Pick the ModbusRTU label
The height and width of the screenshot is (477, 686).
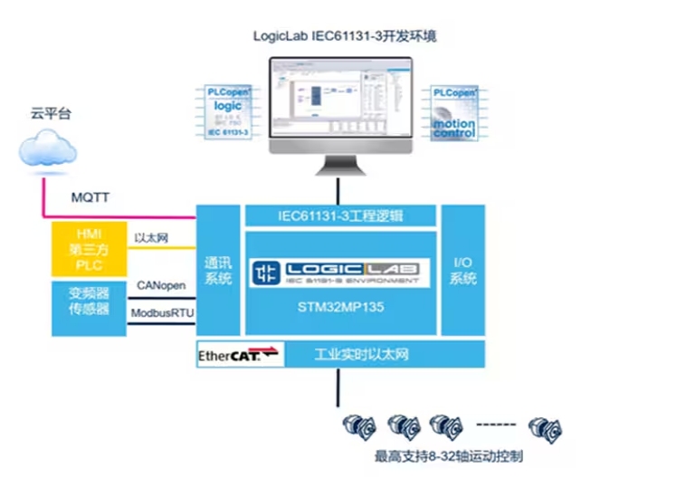click(x=163, y=312)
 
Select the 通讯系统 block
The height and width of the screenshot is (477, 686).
click(x=218, y=272)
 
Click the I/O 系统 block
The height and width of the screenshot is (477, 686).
click(x=462, y=272)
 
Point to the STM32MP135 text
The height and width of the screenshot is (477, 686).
click(x=340, y=306)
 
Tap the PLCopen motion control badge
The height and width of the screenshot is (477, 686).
click(x=453, y=112)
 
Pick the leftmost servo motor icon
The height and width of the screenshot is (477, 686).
click(x=359, y=425)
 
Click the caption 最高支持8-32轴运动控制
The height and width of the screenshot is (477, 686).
click(x=449, y=456)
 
